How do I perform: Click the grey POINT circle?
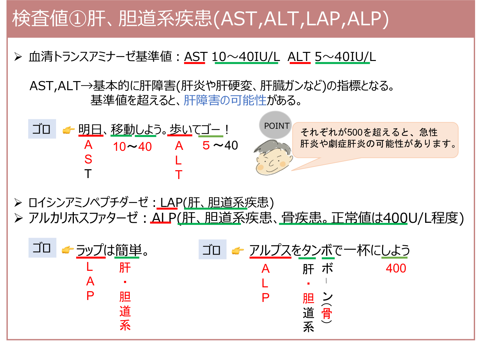tap(276, 125)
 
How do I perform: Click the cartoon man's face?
tap(272, 159)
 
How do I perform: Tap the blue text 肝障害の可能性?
tap(225, 100)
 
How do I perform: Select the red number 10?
tap(120, 147)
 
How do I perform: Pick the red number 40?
tap(145, 147)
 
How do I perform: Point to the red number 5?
tap(206, 146)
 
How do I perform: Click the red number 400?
tap(396, 268)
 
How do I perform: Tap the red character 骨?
tap(326, 313)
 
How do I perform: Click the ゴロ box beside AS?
tap(42, 129)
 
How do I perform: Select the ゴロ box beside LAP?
tap(42, 248)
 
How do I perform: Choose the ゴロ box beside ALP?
tap(212, 250)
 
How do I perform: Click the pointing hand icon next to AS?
tap(69, 130)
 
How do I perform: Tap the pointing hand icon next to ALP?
tap(238, 251)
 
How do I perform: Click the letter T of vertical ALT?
tap(179, 175)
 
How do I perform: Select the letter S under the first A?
tap(88, 160)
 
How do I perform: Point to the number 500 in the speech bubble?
tap(355, 132)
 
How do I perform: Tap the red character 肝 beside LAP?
tap(125, 268)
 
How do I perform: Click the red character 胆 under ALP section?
tap(309, 298)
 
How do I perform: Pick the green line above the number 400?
tap(394, 258)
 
